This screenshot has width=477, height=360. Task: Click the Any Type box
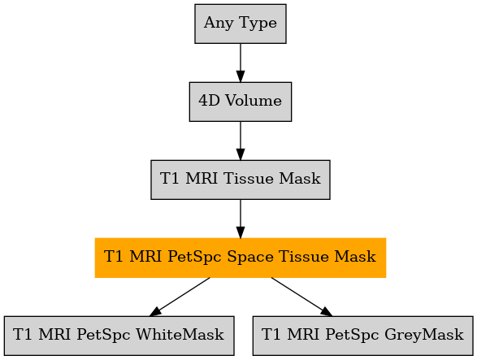(x=241, y=24)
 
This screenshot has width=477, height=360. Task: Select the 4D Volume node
(x=241, y=102)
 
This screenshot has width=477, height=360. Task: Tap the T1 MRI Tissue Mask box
(x=241, y=180)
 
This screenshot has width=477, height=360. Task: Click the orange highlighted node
(x=241, y=258)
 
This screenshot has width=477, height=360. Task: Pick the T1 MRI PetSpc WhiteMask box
(x=119, y=336)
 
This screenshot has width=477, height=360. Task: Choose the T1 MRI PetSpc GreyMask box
(x=362, y=336)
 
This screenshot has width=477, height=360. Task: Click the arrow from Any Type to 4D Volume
(x=241, y=63)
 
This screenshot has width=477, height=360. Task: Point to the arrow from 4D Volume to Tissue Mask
(x=241, y=141)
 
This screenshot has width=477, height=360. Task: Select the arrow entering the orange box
(x=241, y=219)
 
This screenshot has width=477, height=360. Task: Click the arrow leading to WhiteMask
(x=180, y=297)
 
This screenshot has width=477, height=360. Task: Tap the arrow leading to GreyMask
(x=301, y=297)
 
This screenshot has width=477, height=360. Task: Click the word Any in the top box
(x=219, y=24)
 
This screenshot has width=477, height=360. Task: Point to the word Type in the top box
(x=258, y=24)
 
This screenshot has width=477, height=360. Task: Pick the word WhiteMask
(x=180, y=335)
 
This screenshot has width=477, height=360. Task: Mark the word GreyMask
(x=424, y=335)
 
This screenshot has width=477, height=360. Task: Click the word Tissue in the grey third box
(x=248, y=179)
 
